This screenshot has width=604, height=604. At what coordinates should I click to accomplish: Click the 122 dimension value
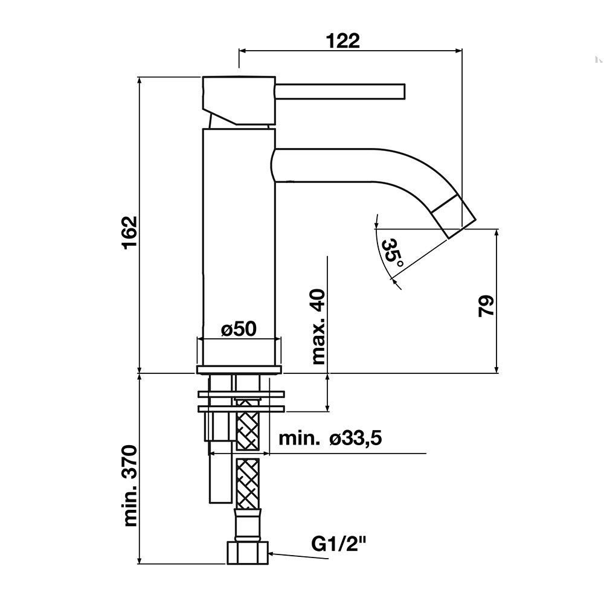pyautogui.click(x=343, y=41)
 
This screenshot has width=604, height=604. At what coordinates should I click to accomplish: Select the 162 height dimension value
pyautogui.click(x=130, y=233)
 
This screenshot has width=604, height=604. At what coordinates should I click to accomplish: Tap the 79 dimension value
pyautogui.click(x=486, y=306)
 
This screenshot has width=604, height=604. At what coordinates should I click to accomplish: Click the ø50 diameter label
pyautogui.click(x=239, y=329)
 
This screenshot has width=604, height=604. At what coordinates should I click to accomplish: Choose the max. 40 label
pyautogui.click(x=319, y=327)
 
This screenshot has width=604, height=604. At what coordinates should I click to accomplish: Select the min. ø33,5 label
pyautogui.click(x=330, y=439)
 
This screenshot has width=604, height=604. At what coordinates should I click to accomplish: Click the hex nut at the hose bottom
pyautogui.click(x=247, y=553)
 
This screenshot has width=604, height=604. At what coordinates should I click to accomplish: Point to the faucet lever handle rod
pyautogui.click(x=340, y=92)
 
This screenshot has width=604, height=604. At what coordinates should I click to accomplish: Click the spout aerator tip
pyautogui.click(x=454, y=216)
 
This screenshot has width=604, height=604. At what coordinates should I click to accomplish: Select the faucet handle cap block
pyautogui.click(x=239, y=101)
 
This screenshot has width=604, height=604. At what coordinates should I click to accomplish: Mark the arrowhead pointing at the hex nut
pyautogui.click(x=272, y=554)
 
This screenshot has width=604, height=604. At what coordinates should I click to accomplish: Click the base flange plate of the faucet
pyautogui.click(x=239, y=370)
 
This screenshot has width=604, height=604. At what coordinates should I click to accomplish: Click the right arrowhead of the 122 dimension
pyautogui.click(x=458, y=50)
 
